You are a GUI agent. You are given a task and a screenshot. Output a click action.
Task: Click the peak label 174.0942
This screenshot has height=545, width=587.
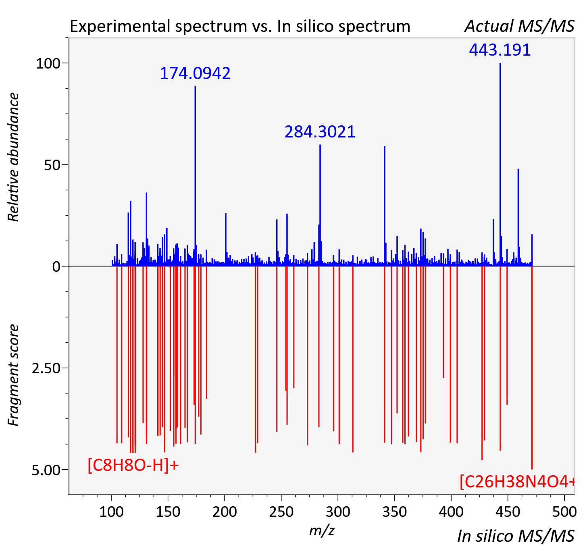pos(195,73)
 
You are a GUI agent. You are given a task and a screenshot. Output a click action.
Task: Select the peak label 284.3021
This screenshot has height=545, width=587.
pos(320,132)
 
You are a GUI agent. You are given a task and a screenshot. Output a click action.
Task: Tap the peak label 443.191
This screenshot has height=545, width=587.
pos(500,50)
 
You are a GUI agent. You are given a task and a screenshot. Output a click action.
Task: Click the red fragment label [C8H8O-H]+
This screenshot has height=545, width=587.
pos(133,465)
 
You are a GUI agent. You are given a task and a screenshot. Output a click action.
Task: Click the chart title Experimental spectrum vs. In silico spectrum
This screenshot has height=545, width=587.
pos(240,26)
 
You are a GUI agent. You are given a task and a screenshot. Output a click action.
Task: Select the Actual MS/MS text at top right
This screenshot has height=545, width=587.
pos(520,26)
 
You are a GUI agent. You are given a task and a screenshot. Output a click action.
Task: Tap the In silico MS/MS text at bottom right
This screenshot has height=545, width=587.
pos(516,536)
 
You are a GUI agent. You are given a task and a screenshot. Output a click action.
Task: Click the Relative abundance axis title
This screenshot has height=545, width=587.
pos(13,157)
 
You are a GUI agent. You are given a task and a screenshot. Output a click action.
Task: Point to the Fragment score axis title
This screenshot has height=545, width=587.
pos(13,375)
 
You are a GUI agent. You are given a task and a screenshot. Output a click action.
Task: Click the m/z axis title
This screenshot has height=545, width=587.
pos(322,530)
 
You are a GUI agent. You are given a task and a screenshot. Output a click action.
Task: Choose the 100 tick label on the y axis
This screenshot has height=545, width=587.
pos(48,64)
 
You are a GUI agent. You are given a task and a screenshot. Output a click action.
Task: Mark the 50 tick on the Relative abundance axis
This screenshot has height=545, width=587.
pos(52,165)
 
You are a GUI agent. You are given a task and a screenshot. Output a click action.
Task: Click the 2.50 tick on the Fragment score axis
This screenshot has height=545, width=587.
pos(46,368)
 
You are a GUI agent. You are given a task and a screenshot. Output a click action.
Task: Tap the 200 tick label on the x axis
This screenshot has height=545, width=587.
pos(225,512)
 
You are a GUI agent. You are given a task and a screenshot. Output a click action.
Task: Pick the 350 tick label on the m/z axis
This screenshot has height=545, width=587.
pos(395,512)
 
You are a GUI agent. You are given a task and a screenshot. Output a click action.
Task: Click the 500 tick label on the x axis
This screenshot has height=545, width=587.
pos(564,512)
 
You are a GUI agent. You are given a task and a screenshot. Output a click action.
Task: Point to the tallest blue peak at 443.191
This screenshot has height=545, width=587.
pos(500,164)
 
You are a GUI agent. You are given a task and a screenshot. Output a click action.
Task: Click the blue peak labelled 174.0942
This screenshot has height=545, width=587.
pos(195,176)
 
